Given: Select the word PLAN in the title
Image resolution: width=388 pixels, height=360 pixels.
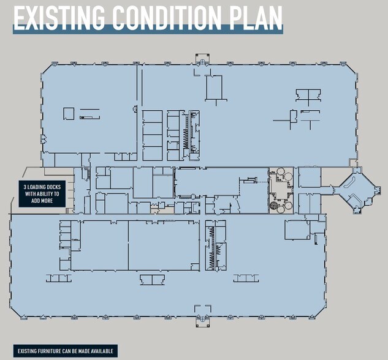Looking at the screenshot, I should tap(256, 18).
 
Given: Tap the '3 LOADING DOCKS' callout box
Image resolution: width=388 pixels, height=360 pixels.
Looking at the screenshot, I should tap(42, 193).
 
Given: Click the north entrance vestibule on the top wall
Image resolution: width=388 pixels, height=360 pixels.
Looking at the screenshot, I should tap(202, 60).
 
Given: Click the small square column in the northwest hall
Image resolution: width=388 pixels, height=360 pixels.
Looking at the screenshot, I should tap(69, 113).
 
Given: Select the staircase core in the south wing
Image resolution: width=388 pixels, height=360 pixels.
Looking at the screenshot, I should tap(213, 245).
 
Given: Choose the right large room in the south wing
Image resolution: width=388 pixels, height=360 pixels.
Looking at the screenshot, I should tap(164, 245).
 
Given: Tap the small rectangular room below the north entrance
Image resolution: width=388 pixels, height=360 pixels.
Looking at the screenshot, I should tap(215, 87).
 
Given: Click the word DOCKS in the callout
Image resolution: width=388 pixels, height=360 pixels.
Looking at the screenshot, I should tap(53, 187).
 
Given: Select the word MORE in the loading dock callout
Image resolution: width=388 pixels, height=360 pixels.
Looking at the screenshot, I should tap(53, 200).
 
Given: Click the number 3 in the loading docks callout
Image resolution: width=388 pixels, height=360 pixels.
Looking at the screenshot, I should tap(25, 187).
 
